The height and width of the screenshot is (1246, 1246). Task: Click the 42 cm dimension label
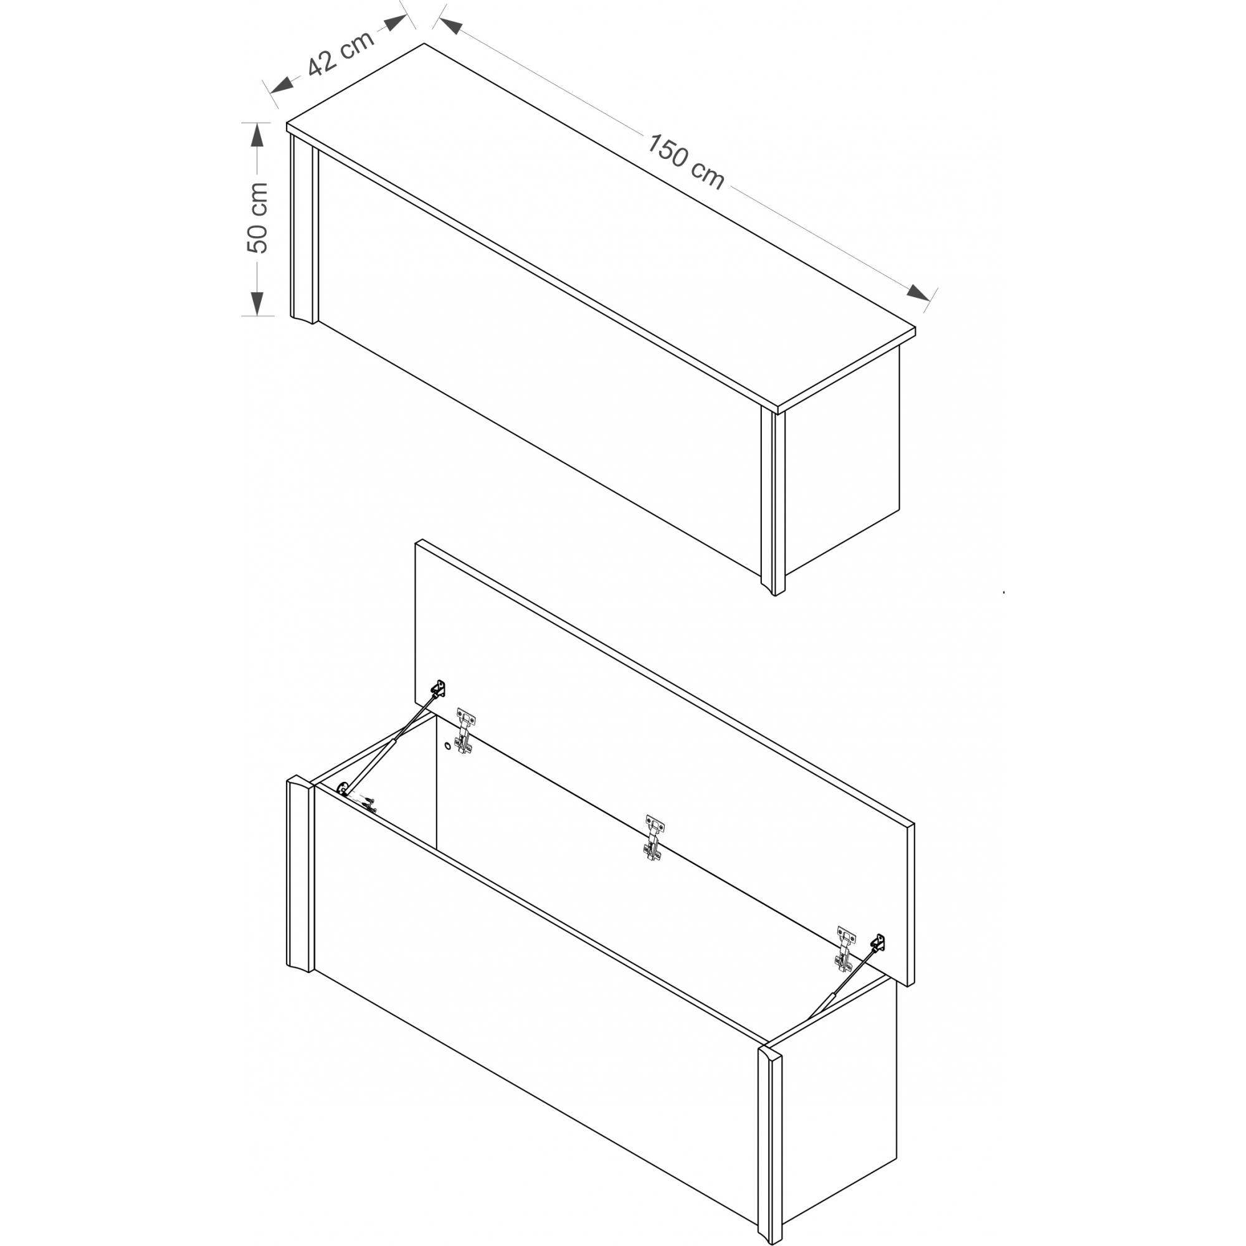(341, 53)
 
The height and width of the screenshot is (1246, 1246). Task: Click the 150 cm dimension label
(685, 162)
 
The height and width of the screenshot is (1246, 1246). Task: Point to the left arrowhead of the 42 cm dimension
(282, 84)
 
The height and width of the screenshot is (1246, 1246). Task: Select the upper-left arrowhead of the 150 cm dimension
(450, 26)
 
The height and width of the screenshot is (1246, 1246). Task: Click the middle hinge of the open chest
(655, 837)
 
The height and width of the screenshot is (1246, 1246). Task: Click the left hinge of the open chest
(465, 731)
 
